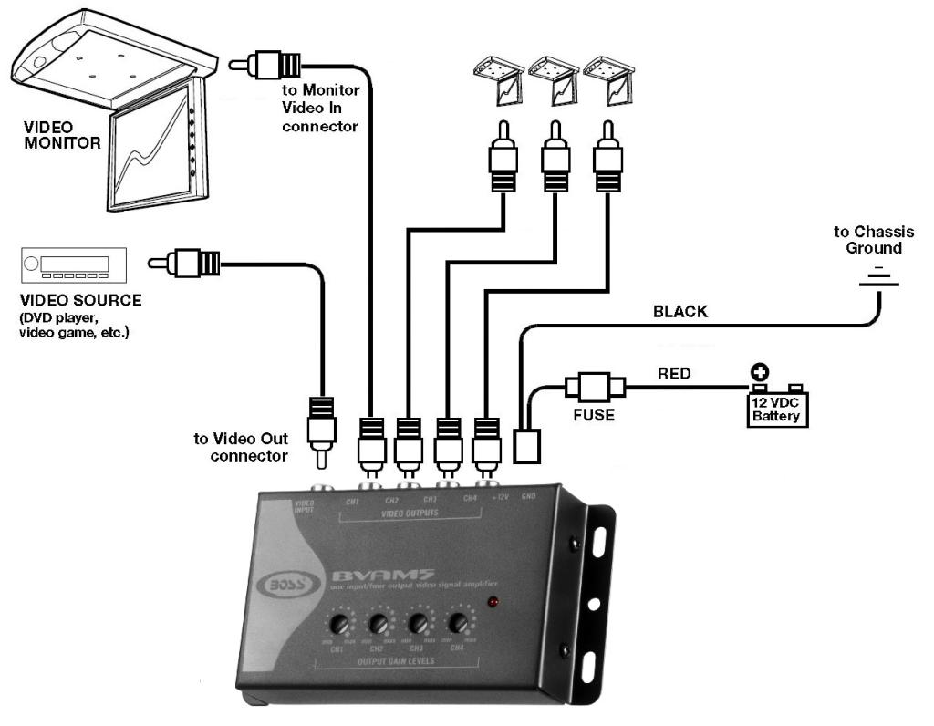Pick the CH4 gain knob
pyautogui.click(x=458, y=624)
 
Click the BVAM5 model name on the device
pyautogui.click(x=365, y=575)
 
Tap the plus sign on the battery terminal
pyautogui.click(x=758, y=372)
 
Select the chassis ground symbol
pyautogui.click(x=877, y=277)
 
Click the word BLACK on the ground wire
pyautogui.click(x=680, y=312)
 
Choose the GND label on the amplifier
pyautogui.click(x=528, y=498)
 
